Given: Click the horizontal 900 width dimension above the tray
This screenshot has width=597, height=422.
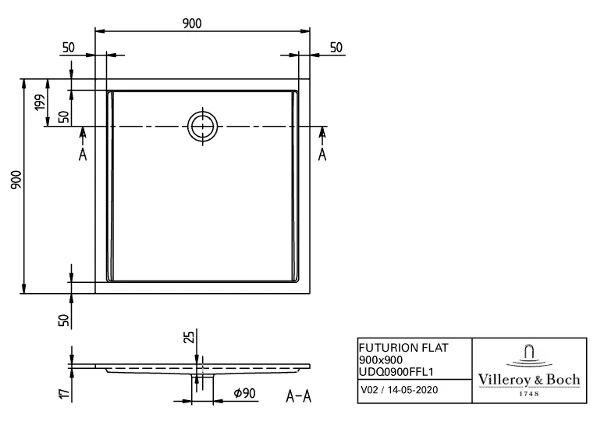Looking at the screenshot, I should tap(193, 23).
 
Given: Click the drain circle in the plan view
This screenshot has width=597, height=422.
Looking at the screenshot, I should tap(203, 125).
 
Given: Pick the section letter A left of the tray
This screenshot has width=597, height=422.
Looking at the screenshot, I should tap(83, 154).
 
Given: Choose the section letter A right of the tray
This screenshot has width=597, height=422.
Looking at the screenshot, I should tap(322, 154).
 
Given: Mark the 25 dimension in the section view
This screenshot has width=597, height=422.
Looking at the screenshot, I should tap(188, 338).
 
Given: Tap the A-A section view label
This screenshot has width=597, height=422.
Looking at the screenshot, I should tap(298, 396).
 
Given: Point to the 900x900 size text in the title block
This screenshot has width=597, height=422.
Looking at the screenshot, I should tap(380, 359).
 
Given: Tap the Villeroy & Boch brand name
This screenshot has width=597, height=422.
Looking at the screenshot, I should tap(529, 380).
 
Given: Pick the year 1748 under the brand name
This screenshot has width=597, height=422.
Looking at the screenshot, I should tap(529, 394).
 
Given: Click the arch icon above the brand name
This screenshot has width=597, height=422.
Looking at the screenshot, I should tap(529, 354).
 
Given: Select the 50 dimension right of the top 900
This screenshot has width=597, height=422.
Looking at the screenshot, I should tap(336, 48).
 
